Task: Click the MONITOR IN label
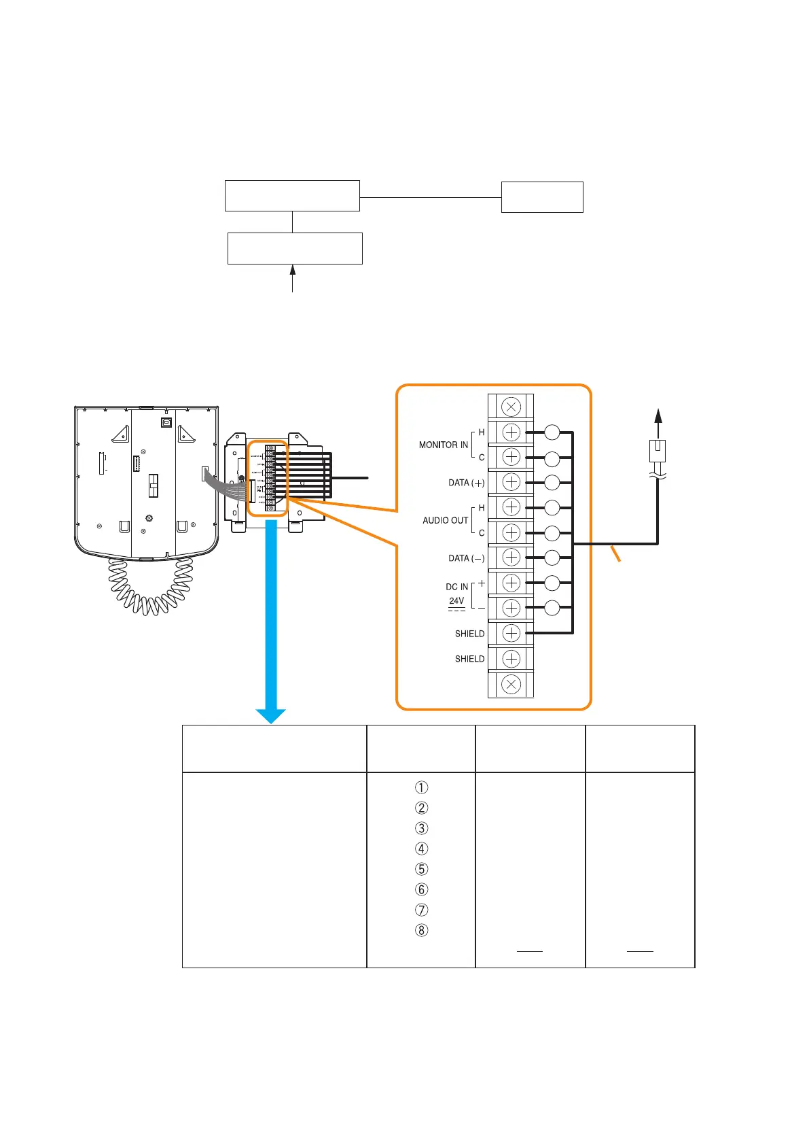tap(443, 445)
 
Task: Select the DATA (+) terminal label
tap(466, 483)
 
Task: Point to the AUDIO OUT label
tap(445, 520)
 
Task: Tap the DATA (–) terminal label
tap(466, 558)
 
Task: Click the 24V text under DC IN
tap(456, 601)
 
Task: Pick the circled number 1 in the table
tap(421, 787)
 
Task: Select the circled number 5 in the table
tap(421, 869)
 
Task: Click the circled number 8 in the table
tap(421, 930)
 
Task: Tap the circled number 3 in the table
tap(421, 828)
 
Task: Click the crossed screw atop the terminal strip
tap(511, 407)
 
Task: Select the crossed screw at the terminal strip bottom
tap(511, 684)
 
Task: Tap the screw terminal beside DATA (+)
tap(511, 482)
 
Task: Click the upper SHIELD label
tap(469, 634)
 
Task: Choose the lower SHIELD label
tap(469, 659)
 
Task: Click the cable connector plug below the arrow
tap(658, 450)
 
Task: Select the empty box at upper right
tap(542, 197)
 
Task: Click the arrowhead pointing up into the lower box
tap(293, 269)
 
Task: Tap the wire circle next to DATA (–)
tap(552, 558)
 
